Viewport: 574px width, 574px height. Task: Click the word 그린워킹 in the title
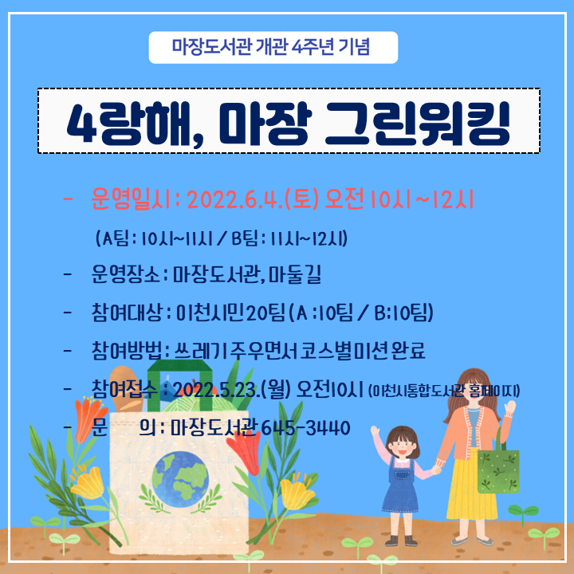[417, 123]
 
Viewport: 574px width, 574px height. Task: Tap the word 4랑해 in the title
[129, 124]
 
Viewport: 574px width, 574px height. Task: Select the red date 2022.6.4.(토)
[253, 200]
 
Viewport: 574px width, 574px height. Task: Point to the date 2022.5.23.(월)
[232, 389]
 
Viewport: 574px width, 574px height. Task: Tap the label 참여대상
[127, 313]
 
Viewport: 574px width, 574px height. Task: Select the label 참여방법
[127, 351]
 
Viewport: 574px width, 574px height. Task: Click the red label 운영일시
[131, 200]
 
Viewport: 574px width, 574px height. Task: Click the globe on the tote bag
[180, 475]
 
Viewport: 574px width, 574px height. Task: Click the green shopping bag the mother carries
[498, 470]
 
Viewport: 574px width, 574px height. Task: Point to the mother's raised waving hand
[509, 407]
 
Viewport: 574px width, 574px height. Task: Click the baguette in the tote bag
[126, 389]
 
